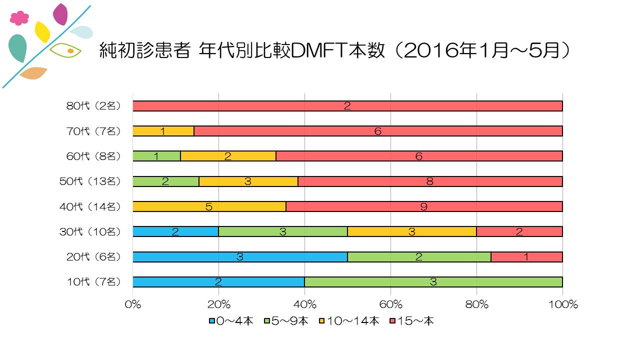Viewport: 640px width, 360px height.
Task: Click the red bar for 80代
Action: (x=347, y=106)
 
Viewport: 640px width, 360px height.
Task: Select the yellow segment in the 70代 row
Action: (x=163, y=131)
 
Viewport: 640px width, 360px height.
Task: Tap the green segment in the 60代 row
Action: (x=156, y=156)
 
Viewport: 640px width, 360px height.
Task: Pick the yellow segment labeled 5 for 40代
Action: (x=209, y=206)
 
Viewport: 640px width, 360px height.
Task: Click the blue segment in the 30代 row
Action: (x=175, y=231)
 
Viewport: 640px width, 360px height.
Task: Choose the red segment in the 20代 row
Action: (x=526, y=257)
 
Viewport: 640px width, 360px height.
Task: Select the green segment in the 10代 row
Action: (x=433, y=282)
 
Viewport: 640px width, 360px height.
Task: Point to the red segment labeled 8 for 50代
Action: (x=430, y=181)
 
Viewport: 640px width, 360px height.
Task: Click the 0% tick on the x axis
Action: (x=133, y=304)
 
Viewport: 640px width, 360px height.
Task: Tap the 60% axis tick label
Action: (x=391, y=304)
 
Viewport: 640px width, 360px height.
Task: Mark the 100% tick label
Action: (x=563, y=304)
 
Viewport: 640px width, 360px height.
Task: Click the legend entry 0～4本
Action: (x=231, y=321)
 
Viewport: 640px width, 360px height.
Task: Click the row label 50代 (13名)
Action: (x=90, y=181)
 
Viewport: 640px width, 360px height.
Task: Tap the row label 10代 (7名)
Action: (x=93, y=282)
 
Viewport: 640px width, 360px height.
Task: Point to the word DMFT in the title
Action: (x=317, y=50)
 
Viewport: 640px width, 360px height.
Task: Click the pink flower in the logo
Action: (x=19, y=18)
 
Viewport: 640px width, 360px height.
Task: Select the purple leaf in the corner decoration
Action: (x=60, y=14)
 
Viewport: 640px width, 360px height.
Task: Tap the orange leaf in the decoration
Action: (x=33, y=73)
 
